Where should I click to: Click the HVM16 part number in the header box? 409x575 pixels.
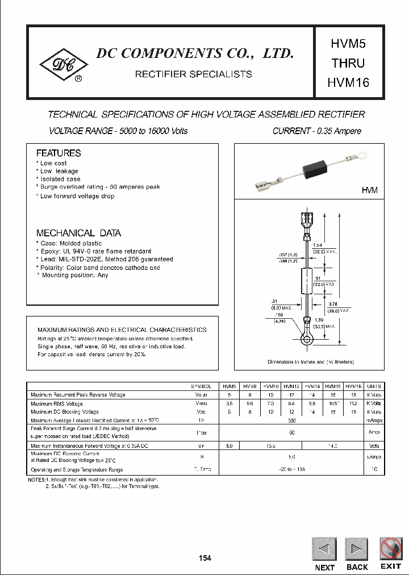pyautogui.click(x=348, y=82)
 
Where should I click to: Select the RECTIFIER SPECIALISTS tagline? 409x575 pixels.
pyautogui.click(x=193, y=74)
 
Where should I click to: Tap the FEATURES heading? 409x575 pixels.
pyautogui.click(x=59, y=153)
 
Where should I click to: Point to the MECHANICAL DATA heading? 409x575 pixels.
pyautogui.click(x=78, y=233)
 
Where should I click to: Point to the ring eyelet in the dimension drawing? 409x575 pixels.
pyautogui.click(x=307, y=340)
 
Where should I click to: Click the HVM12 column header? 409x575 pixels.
pyautogui.click(x=291, y=386)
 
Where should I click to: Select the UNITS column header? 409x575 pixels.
pyautogui.click(x=374, y=386)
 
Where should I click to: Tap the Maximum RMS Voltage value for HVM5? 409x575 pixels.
pyautogui.click(x=229, y=403)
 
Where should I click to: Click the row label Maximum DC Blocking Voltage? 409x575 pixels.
pyautogui.click(x=65, y=411)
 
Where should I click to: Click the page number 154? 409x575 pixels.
pyautogui.click(x=205, y=558)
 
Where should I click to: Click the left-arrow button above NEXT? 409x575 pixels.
pyautogui.click(x=324, y=549)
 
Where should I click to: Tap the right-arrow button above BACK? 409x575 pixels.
pyautogui.click(x=357, y=549)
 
